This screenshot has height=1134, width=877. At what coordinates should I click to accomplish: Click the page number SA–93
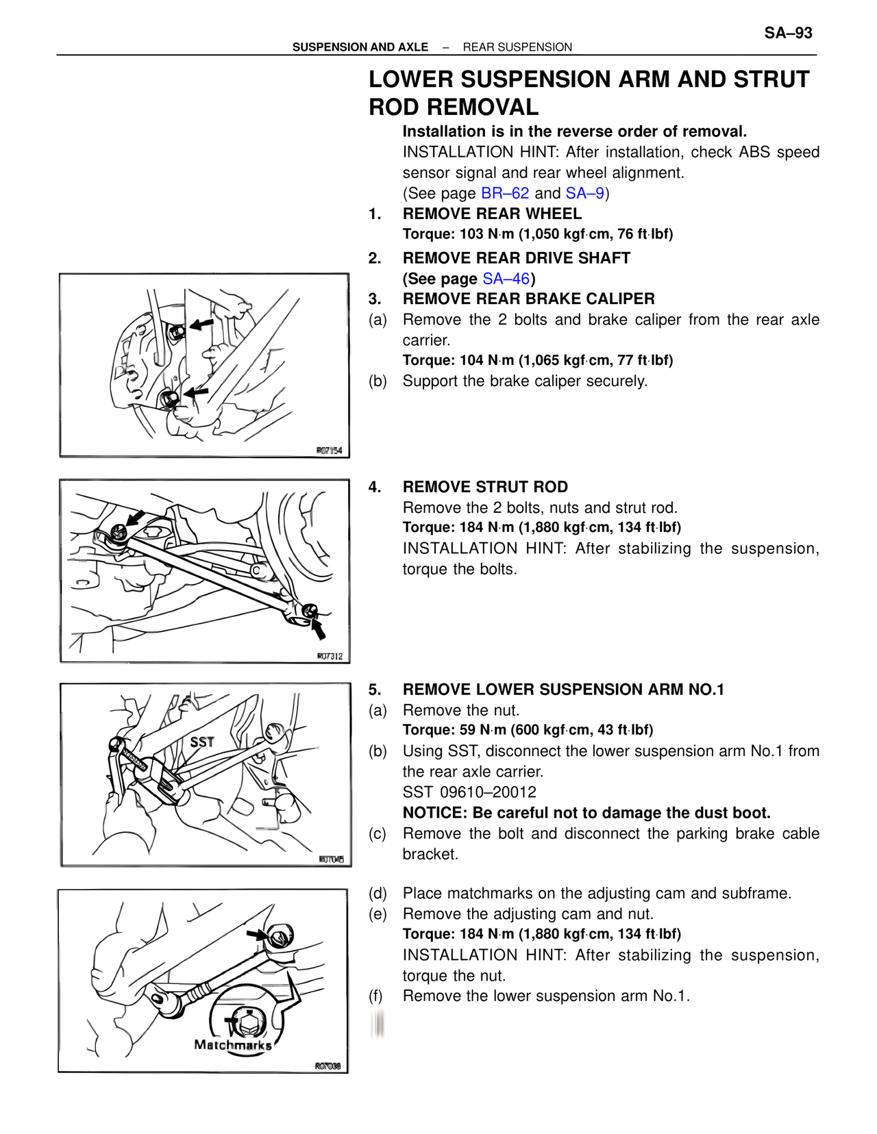(x=788, y=33)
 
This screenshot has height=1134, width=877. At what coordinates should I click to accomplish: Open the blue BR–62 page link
(x=505, y=193)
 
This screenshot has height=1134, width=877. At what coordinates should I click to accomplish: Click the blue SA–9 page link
(x=584, y=193)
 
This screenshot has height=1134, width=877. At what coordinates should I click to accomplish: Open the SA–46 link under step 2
(x=506, y=279)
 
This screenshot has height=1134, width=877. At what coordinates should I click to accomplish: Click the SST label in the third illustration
(x=201, y=742)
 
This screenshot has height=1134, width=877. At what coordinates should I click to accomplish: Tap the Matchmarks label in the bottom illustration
(x=232, y=1045)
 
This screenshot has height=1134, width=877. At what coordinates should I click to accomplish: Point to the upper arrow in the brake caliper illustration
(x=201, y=324)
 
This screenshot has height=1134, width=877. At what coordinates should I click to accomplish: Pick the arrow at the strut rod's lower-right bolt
(x=318, y=627)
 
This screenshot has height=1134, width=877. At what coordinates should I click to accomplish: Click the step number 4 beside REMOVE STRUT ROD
(x=374, y=487)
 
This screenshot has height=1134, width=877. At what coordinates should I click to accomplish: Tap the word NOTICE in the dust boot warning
(x=433, y=813)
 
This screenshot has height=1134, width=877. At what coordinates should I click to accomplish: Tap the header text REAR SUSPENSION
(x=517, y=47)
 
